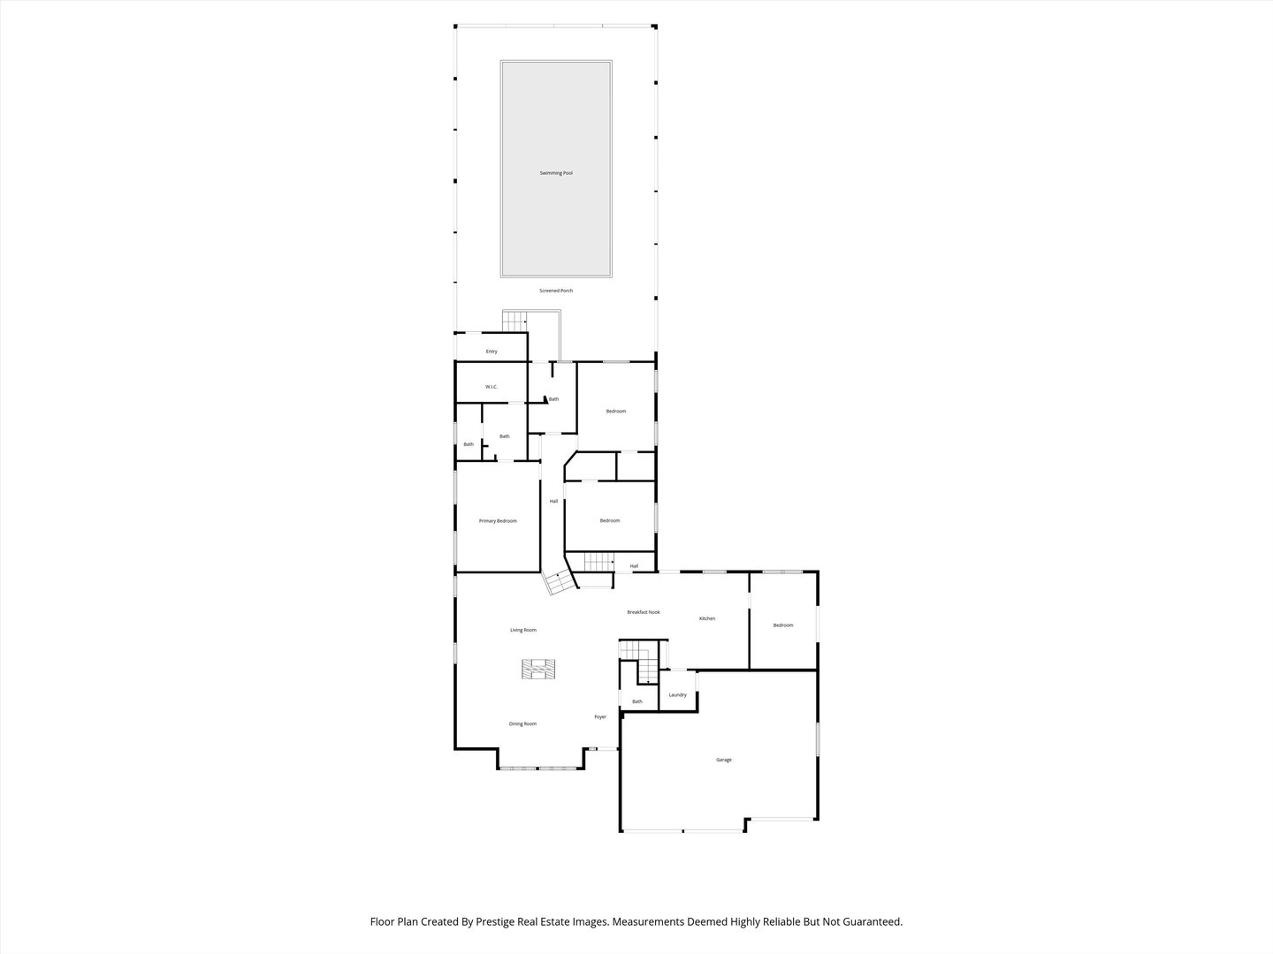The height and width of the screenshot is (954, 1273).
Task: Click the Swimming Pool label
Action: tap(556, 173)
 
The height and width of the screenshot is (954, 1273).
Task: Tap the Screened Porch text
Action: tap(556, 291)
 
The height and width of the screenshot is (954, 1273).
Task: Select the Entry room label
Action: tap(492, 352)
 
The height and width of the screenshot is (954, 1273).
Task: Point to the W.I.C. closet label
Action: tap(492, 387)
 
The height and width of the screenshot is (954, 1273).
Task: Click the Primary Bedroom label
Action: tap(498, 521)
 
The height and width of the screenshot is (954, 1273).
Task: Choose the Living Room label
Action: tap(523, 630)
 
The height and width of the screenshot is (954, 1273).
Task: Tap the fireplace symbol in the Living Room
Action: tap(537, 670)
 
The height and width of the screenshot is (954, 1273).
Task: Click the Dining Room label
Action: tap(522, 724)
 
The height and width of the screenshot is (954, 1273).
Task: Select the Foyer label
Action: tap(600, 717)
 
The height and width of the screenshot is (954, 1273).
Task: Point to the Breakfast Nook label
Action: tap(644, 612)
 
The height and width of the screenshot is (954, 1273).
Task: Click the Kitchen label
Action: tap(707, 618)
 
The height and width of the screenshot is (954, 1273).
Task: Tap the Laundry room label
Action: tap(678, 695)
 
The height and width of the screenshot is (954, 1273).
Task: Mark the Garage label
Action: tap(724, 760)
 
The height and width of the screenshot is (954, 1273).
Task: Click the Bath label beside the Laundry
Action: tap(637, 701)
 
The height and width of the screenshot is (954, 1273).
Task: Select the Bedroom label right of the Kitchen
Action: tap(783, 625)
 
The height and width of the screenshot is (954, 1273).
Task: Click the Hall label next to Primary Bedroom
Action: tap(554, 502)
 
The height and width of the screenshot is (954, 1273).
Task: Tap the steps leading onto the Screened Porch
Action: tap(515, 321)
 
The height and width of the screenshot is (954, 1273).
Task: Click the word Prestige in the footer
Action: tap(501, 921)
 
